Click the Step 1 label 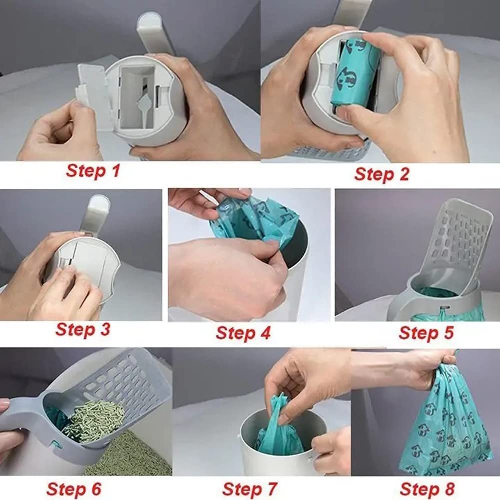[x=93, y=171]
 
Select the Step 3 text [x=83, y=330]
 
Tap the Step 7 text [x=249, y=488]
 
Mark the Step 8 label [x=427, y=488]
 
